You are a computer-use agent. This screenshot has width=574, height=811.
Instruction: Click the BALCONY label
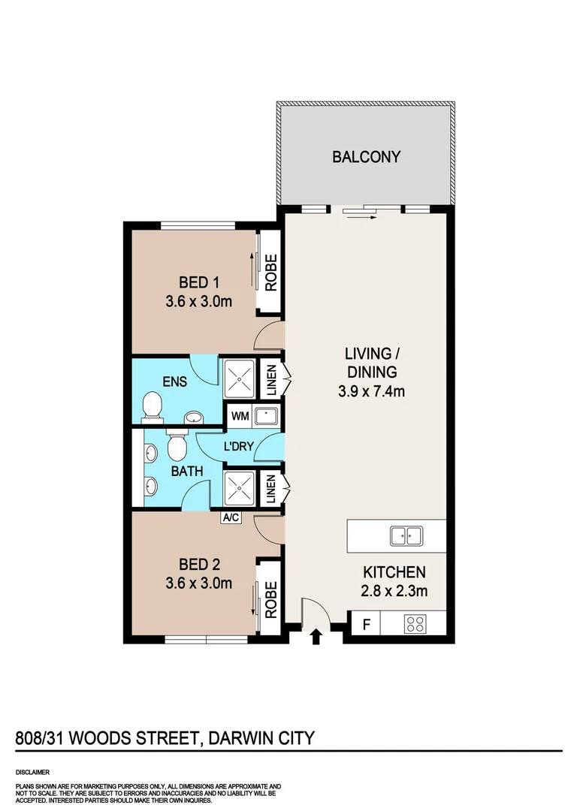point(367,157)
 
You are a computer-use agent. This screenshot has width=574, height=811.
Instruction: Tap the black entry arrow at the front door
point(316,637)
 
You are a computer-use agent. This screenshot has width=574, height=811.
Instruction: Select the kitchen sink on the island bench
point(406,535)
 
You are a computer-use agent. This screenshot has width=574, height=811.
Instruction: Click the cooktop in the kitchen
point(415,623)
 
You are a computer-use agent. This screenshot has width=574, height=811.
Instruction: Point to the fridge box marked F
point(366,624)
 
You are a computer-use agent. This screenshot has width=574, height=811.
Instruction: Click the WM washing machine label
point(240,415)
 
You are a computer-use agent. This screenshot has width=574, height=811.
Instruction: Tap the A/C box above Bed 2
point(231,517)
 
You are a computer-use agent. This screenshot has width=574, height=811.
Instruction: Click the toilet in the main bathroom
point(177,448)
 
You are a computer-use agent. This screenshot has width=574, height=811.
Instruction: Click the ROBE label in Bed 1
point(270,273)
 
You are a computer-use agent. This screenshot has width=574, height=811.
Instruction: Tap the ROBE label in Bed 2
point(270,600)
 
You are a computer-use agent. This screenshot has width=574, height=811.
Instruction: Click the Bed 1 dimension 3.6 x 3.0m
point(198,302)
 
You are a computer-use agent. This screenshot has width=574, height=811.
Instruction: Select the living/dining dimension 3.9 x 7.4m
point(368,391)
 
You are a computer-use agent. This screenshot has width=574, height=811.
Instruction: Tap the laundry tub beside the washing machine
point(266,415)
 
